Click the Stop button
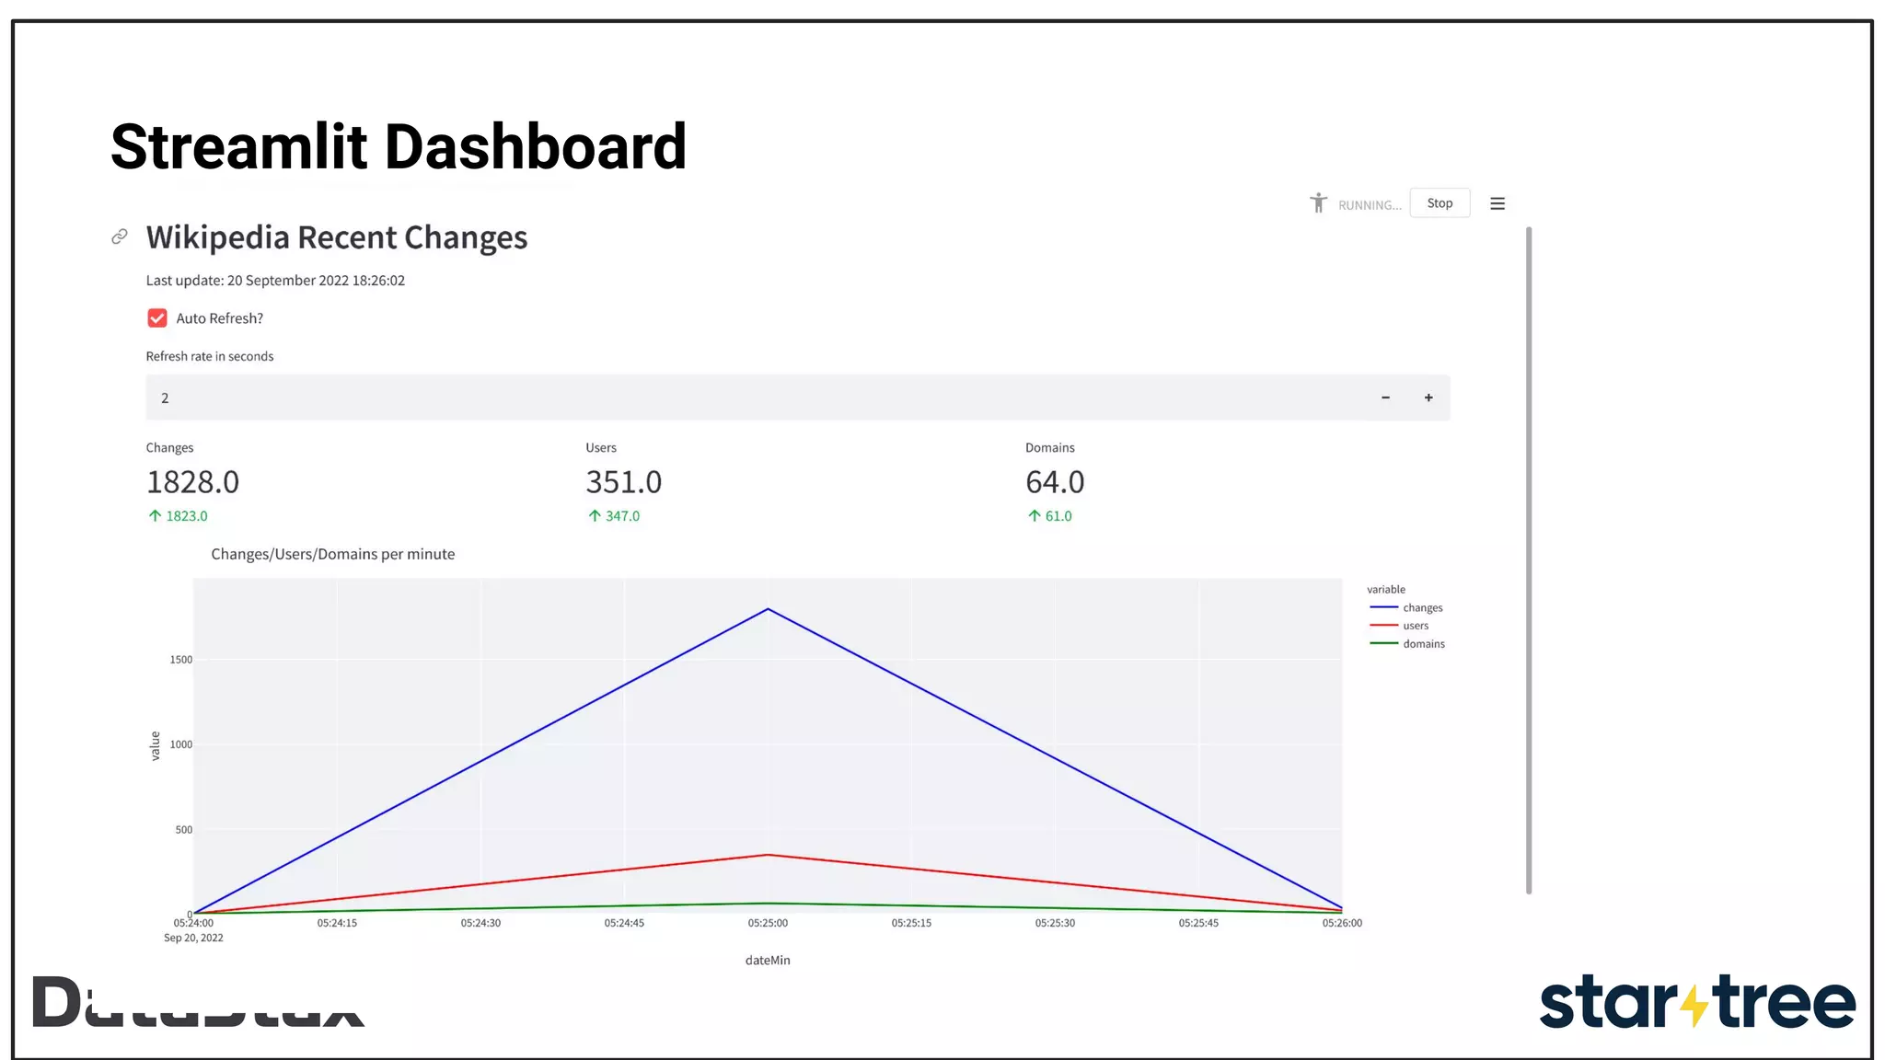[1440, 203]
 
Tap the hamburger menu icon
[1498, 203]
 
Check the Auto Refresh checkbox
[157, 318]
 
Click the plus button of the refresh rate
[1428, 397]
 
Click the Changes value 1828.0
[192, 482]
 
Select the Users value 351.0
[623, 482]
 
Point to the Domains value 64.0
[1055, 482]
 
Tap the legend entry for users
[1415, 626]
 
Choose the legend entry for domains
[1423, 644]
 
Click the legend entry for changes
[1422, 608]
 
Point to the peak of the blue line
[768, 609]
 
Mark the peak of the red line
[768, 856]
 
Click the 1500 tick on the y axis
[181, 660]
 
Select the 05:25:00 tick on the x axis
[768, 923]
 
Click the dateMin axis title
[768, 961]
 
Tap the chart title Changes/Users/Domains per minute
[332, 554]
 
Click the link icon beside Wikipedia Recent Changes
[120, 237]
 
